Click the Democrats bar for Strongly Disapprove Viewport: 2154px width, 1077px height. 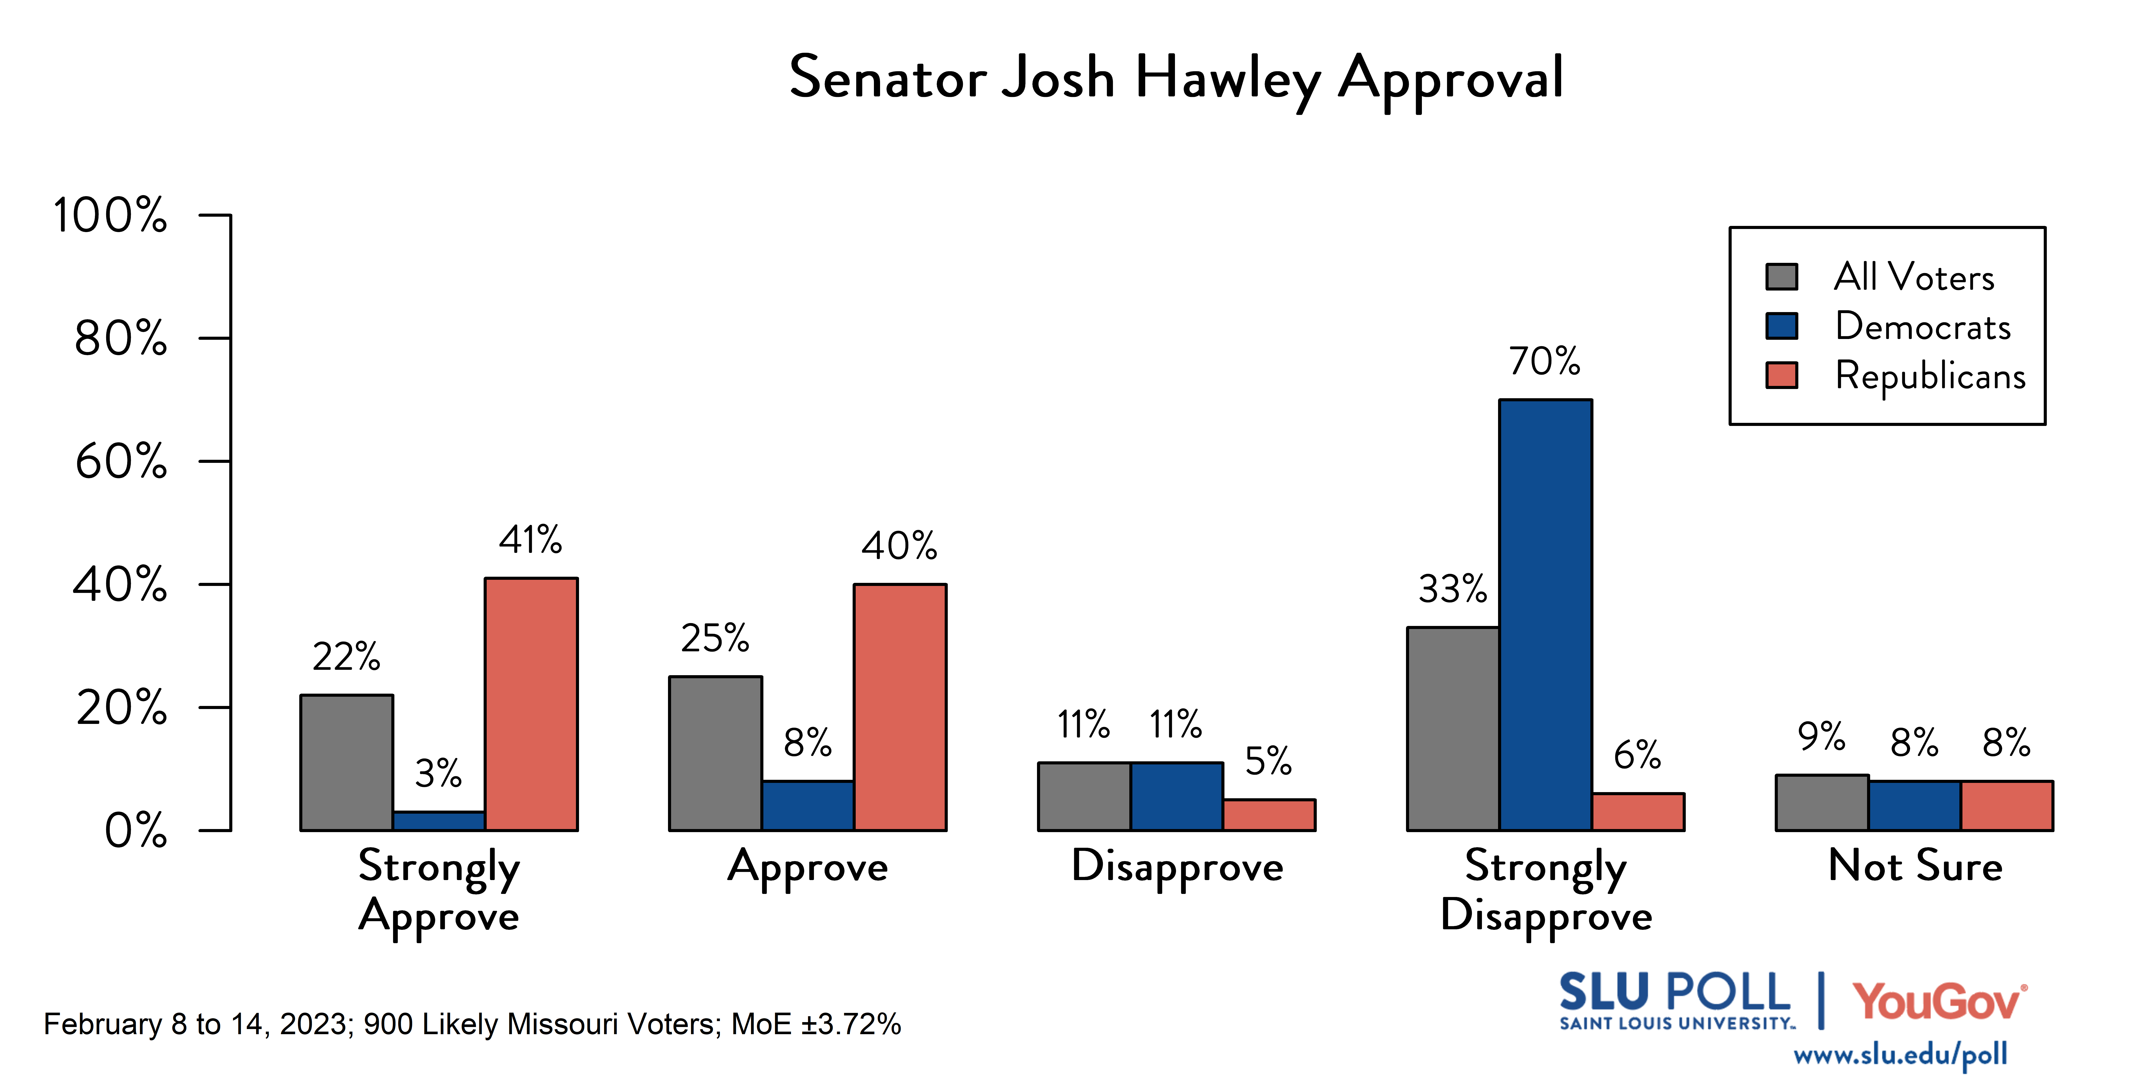(x=1545, y=615)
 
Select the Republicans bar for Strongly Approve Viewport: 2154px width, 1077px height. (x=531, y=704)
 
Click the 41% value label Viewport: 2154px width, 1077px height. (x=531, y=540)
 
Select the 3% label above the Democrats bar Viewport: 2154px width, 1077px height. (x=438, y=773)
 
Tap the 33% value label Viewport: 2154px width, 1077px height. (x=1452, y=590)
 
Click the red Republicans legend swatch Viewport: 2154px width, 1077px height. (x=1781, y=375)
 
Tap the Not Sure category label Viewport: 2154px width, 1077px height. (x=1915, y=866)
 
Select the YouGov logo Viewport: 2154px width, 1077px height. (x=1938, y=1002)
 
